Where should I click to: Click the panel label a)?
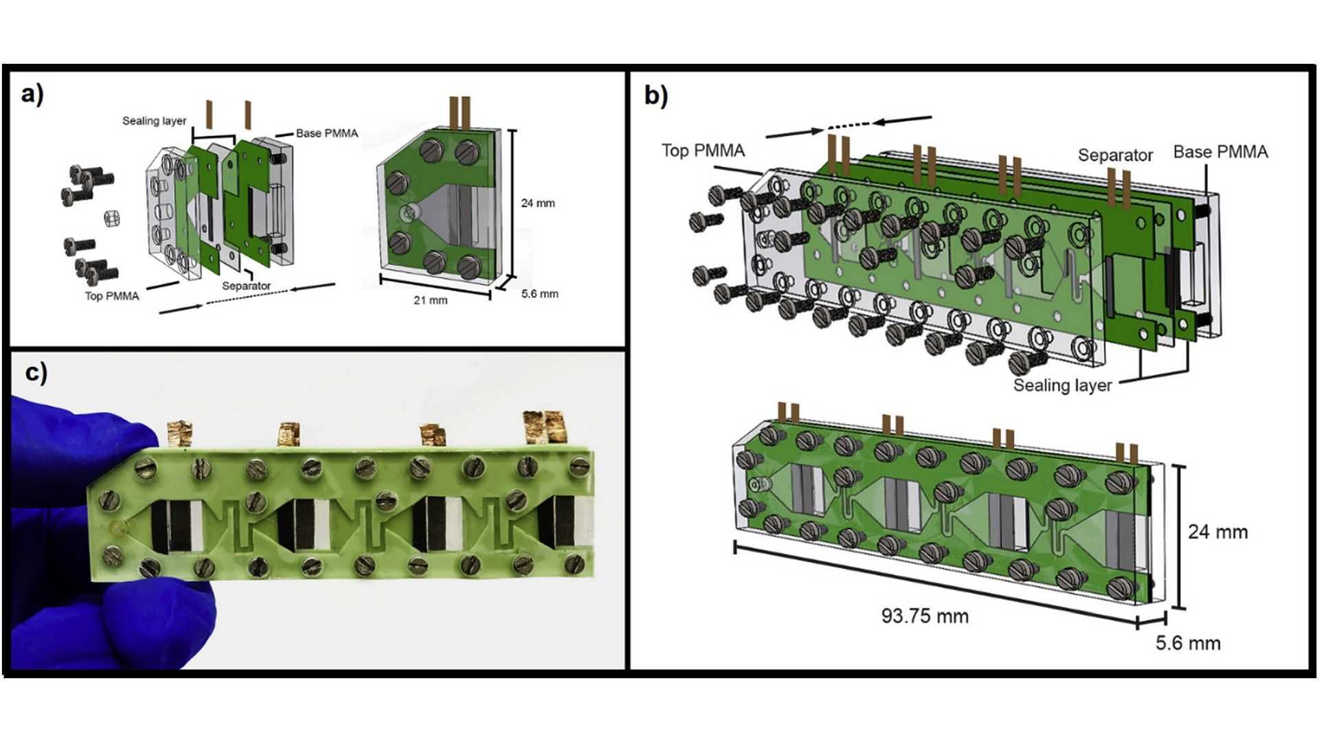(32, 94)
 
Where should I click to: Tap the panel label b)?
(655, 95)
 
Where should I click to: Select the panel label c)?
(36, 372)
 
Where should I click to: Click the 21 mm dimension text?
(430, 300)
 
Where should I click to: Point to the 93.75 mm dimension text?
(925, 616)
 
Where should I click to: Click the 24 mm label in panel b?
(1217, 532)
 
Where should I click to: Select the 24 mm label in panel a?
(537, 203)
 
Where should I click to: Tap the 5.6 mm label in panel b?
(1188, 643)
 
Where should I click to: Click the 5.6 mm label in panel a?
(539, 294)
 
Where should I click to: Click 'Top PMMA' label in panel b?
(703, 150)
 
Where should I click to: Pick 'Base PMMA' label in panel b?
(1220, 152)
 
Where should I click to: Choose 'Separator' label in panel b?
(1114, 155)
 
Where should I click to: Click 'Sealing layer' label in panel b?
(1062, 385)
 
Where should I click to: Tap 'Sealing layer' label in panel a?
(154, 121)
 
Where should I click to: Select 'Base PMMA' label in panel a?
(327, 133)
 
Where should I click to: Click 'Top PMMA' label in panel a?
(112, 296)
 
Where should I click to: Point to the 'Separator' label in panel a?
(246, 286)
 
